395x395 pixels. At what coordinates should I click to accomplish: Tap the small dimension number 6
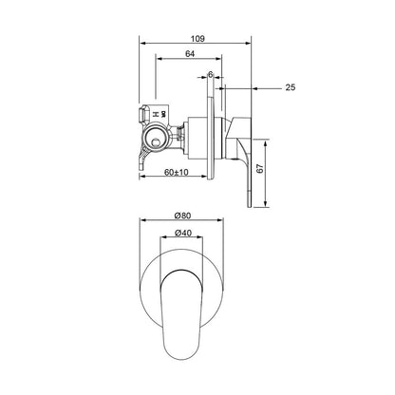click(x=210, y=74)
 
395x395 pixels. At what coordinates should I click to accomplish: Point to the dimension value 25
click(x=291, y=87)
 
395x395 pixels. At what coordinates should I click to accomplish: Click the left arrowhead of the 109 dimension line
click(x=142, y=41)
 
